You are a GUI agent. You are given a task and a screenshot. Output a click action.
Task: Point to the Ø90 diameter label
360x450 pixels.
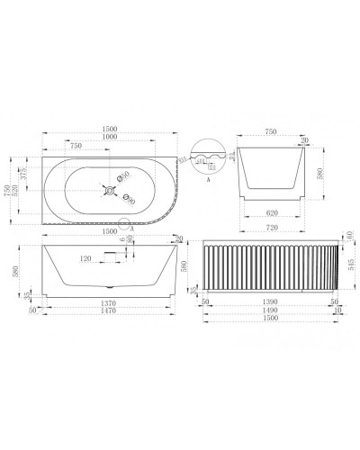point(130,202)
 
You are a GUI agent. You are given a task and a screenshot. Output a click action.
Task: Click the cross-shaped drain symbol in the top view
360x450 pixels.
point(111,189)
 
